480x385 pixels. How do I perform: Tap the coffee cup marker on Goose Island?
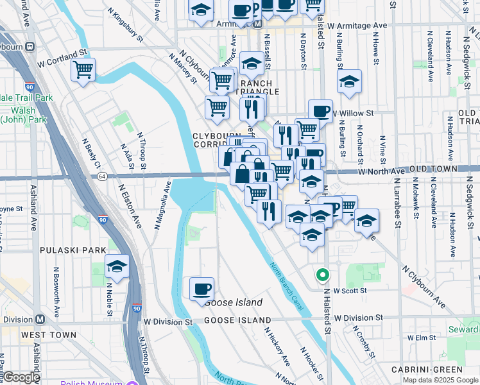point(201,289)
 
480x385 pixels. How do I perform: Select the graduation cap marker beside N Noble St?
point(117,266)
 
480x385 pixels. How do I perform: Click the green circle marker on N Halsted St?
point(322,275)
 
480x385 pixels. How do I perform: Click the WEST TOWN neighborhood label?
point(49,335)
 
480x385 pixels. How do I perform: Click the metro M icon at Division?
point(40,320)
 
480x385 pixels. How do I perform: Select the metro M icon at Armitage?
point(257,24)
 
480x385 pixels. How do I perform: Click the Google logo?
point(21,377)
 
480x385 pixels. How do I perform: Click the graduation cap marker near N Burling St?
point(349,82)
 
